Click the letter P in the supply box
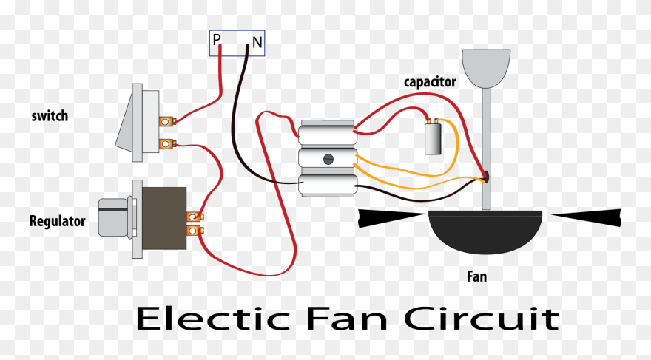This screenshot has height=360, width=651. [x=217, y=41]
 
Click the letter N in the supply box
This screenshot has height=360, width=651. [x=257, y=44]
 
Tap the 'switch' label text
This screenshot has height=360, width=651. [x=50, y=116]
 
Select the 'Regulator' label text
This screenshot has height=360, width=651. [x=57, y=221]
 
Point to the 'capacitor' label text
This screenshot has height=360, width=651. [x=430, y=81]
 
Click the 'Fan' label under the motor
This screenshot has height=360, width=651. [x=476, y=277]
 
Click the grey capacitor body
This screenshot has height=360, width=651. [x=434, y=139]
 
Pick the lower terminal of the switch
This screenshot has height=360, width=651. [x=168, y=143]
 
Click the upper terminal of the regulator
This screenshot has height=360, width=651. [x=194, y=217]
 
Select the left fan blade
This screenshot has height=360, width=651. [x=392, y=218]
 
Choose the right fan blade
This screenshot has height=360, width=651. [x=588, y=217]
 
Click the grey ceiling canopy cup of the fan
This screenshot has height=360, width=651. [x=486, y=67]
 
